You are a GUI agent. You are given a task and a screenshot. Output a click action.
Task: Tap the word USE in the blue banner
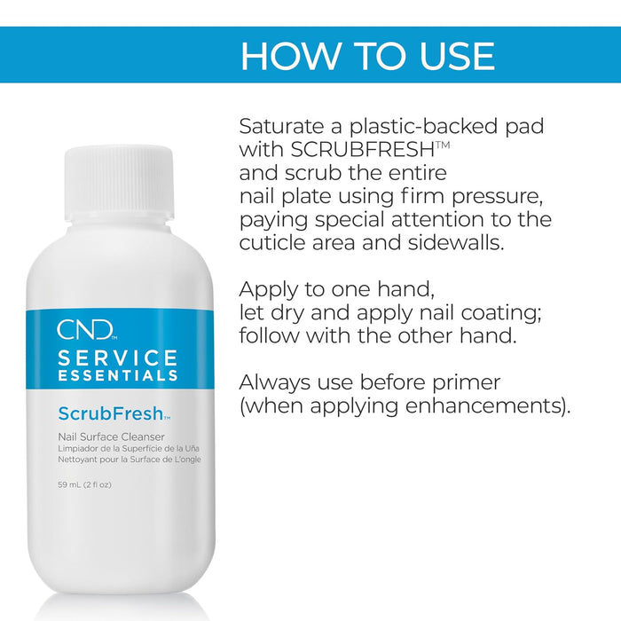[x=457, y=56]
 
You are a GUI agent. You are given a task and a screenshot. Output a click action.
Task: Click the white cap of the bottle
[x=119, y=184]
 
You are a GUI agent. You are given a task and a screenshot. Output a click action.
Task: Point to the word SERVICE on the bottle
[x=118, y=358]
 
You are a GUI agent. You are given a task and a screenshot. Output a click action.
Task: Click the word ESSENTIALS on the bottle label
[x=118, y=375]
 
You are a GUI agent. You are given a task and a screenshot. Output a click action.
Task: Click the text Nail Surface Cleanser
[x=111, y=436]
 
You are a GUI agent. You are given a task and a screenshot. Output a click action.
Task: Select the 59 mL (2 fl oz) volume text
[x=85, y=484]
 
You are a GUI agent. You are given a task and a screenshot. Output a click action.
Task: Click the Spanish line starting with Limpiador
[x=129, y=449]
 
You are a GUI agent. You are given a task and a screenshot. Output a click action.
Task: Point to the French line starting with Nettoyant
[x=130, y=460]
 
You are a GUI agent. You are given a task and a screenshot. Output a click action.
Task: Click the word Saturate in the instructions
[x=282, y=126]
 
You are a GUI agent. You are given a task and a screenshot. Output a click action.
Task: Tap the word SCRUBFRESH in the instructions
[x=363, y=150]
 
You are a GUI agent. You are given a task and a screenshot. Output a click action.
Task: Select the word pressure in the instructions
[x=497, y=197]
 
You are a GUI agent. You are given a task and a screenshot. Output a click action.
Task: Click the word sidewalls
[x=456, y=243]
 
